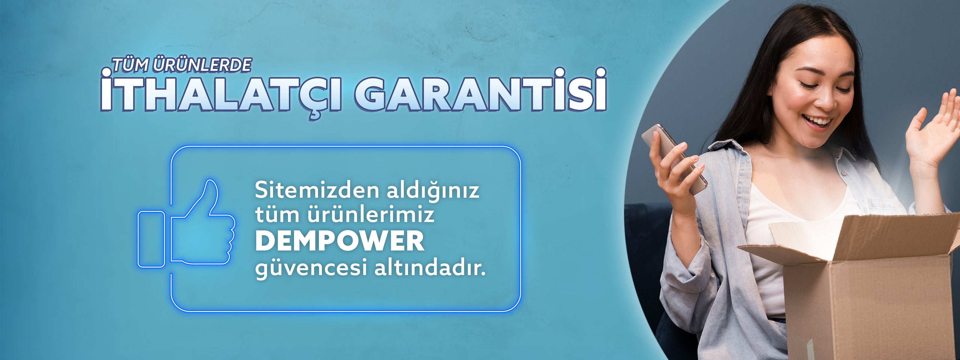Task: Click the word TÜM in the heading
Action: (130, 65)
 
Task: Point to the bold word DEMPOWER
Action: (340, 241)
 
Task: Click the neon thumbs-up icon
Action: (186, 223)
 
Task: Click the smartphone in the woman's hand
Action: (674, 158)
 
